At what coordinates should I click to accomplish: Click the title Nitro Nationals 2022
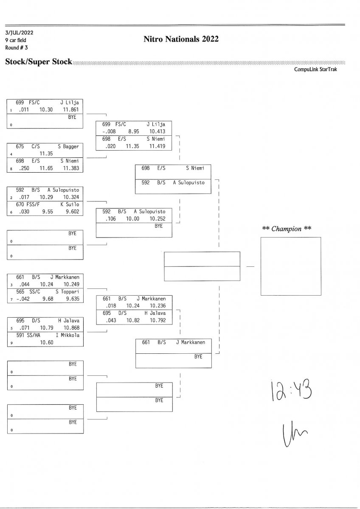[x=181, y=39]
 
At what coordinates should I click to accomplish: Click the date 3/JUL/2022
[x=19, y=33]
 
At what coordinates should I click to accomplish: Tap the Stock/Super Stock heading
[x=39, y=62]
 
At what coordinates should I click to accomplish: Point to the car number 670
[x=20, y=204]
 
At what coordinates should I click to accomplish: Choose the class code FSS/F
[x=35, y=204]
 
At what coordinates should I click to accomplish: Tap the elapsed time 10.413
[x=157, y=131]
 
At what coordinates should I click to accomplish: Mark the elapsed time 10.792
[x=157, y=321]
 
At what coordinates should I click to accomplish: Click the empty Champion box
[x=290, y=266]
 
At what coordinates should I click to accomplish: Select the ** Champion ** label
[x=287, y=229]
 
